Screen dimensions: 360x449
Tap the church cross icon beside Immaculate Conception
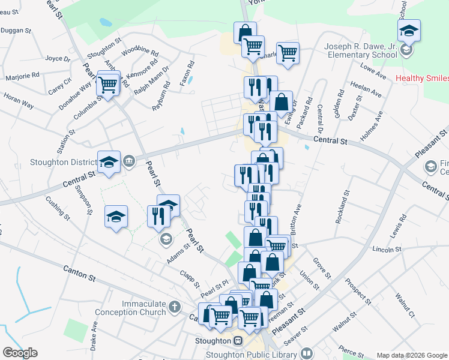pyautogui.click(x=175, y=307)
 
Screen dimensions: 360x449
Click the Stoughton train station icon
pyautogui.click(x=238, y=341)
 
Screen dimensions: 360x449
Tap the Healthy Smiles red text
pyautogui.click(x=422, y=79)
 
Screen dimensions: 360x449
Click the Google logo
pyautogui.click(x=20, y=353)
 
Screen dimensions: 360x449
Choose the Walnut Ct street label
pyautogui.click(x=405, y=305)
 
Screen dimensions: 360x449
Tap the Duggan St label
pyautogui.click(x=17, y=29)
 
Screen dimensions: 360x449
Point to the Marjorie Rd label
pyautogui.click(x=22, y=76)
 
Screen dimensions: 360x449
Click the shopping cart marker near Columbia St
pyautogui.click(x=108, y=85)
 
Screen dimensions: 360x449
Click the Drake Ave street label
pyautogui.click(x=94, y=338)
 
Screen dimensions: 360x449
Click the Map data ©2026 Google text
pyautogui.click(x=412, y=355)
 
